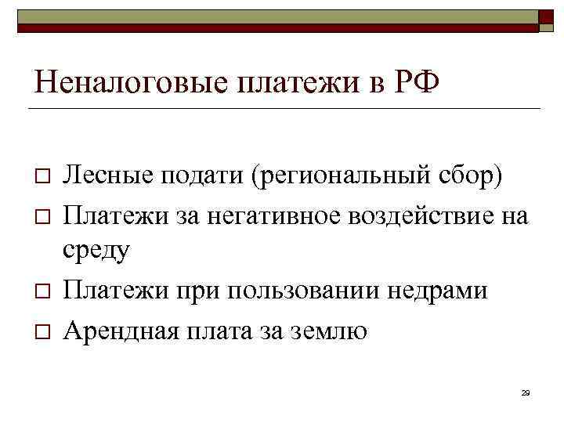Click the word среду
(x=96, y=251)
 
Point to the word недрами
(x=432, y=291)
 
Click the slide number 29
(x=525, y=393)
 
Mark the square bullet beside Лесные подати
(x=42, y=175)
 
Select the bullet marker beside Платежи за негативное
(x=42, y=214)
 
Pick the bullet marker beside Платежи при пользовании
(x=42, y=291)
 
